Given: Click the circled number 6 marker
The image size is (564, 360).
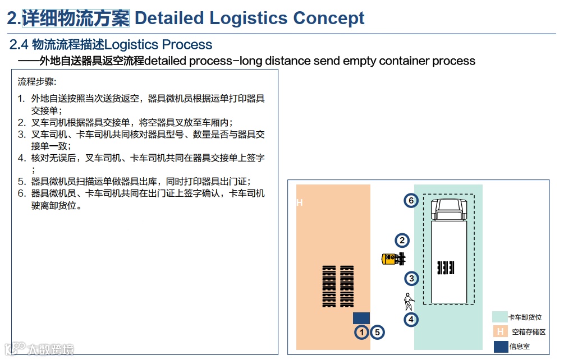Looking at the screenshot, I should point(411,200).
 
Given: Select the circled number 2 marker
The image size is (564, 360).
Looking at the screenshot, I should point(402,241).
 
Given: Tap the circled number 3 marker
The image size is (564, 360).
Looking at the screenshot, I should point(411,278).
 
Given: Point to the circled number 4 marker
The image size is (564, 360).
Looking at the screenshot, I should point(411,320).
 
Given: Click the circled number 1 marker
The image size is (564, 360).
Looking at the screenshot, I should point(362,333).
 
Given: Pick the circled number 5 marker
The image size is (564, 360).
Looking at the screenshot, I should point(377,333).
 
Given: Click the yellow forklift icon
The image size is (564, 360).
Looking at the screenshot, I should point(393,259).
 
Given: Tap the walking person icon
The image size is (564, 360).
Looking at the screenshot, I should point(409,302).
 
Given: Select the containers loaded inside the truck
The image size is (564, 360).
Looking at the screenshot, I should point(446,267).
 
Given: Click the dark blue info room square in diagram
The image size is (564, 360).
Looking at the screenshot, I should point(361,318).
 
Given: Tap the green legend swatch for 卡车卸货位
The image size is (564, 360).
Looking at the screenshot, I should point(499,317).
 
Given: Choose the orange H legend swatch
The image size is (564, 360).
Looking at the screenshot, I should point(499,332).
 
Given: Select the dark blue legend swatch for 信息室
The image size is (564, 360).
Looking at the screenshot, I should point(499,347).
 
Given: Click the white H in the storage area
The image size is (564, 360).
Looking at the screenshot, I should point(300,202).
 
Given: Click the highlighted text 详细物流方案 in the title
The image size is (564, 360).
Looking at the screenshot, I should point(76,18).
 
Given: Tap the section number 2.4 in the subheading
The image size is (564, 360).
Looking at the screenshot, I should point(19,45).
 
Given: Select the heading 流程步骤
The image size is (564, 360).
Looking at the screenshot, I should point(37,82).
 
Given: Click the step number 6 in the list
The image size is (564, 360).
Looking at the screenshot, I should point(21,193).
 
